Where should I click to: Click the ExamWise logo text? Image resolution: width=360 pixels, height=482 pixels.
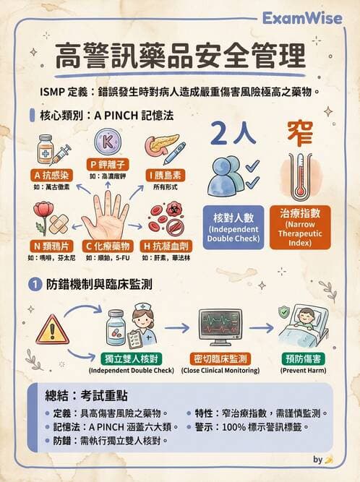[312, 17]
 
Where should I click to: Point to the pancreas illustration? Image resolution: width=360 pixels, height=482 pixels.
[163, 145]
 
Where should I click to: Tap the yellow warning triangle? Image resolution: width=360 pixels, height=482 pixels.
[52, 330]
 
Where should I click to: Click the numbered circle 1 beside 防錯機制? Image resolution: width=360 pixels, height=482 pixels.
[34, 285]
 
